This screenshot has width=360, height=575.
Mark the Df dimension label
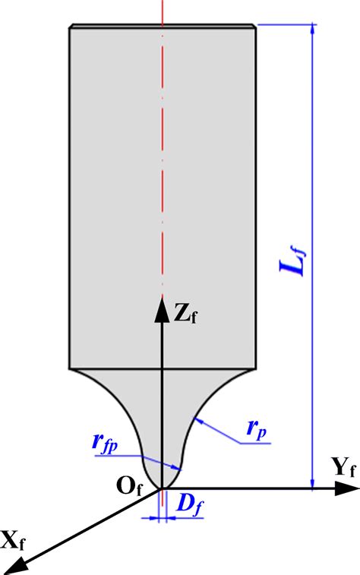[x=187, y=502]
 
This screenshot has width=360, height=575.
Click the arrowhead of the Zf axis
[x=162, y=304]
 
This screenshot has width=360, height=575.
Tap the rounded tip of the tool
[x=162, y=486]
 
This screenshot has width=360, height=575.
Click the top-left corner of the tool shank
[x=70, y=27]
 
